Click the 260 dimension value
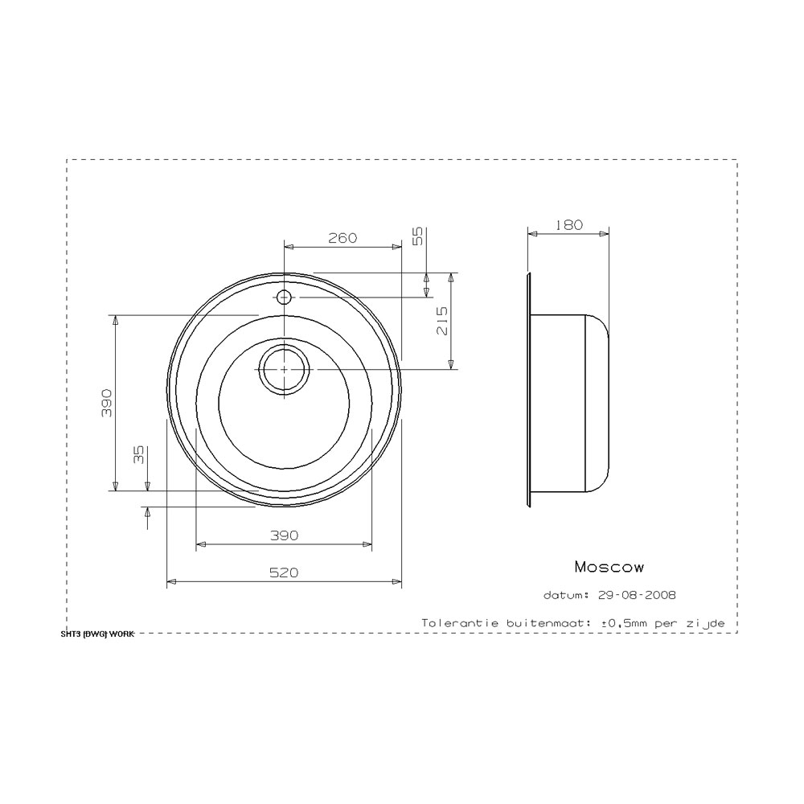click(343, 238)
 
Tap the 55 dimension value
click(418, 236)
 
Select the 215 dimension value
click(442, 321)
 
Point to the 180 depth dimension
click(568, 224)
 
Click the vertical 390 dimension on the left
click(107, 403)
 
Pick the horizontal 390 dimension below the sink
click(284, 535)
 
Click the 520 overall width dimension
click(284, 572)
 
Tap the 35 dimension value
click(139, 454)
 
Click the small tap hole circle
click(284, 297)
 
